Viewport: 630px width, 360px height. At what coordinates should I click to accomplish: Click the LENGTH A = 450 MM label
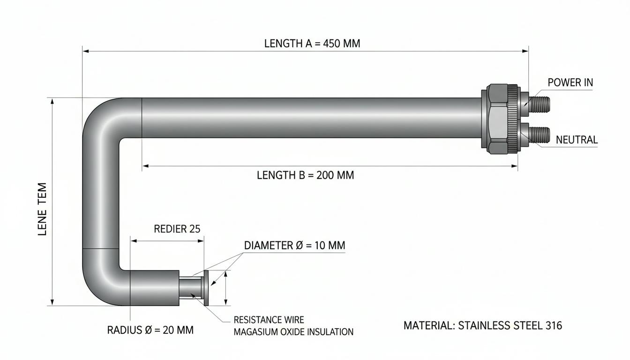click(x=312, y=44)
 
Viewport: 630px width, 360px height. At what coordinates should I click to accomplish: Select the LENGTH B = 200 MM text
click(x=306, y=175)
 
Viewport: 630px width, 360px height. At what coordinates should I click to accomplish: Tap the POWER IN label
click(x=570, y=82)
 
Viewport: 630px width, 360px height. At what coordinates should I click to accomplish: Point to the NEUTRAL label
click(x=577, y=140)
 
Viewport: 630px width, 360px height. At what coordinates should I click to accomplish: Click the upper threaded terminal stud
click(x=538, y=104)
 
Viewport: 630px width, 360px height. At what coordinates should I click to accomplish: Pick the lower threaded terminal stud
click(x=539, y=135)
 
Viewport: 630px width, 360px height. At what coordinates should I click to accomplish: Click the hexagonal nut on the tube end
click(x=498, y=119)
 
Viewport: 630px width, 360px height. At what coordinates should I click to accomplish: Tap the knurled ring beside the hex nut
click(x=512, y=119)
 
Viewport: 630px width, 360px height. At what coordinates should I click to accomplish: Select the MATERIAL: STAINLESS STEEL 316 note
click(x=483, y=325)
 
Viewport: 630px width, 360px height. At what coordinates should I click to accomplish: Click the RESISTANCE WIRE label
click(x=269, y=320)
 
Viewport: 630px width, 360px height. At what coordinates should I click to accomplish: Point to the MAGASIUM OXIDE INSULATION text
click(x=293, y=332)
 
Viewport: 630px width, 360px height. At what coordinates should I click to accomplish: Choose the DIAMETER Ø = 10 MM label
click(x=294, y=246)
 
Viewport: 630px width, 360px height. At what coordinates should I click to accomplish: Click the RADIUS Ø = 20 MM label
click(x=150, y=330)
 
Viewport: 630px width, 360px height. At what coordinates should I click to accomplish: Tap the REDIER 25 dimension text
click(x=177, y=229)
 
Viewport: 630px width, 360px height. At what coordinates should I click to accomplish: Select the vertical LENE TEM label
click(x=42, y=209)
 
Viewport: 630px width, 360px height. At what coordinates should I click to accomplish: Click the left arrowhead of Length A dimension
click(x=86, y=51)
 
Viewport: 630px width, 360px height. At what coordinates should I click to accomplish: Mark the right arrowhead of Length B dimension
click(x=514, y=166)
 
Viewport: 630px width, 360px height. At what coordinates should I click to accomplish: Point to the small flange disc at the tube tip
click(x=206, y=288)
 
